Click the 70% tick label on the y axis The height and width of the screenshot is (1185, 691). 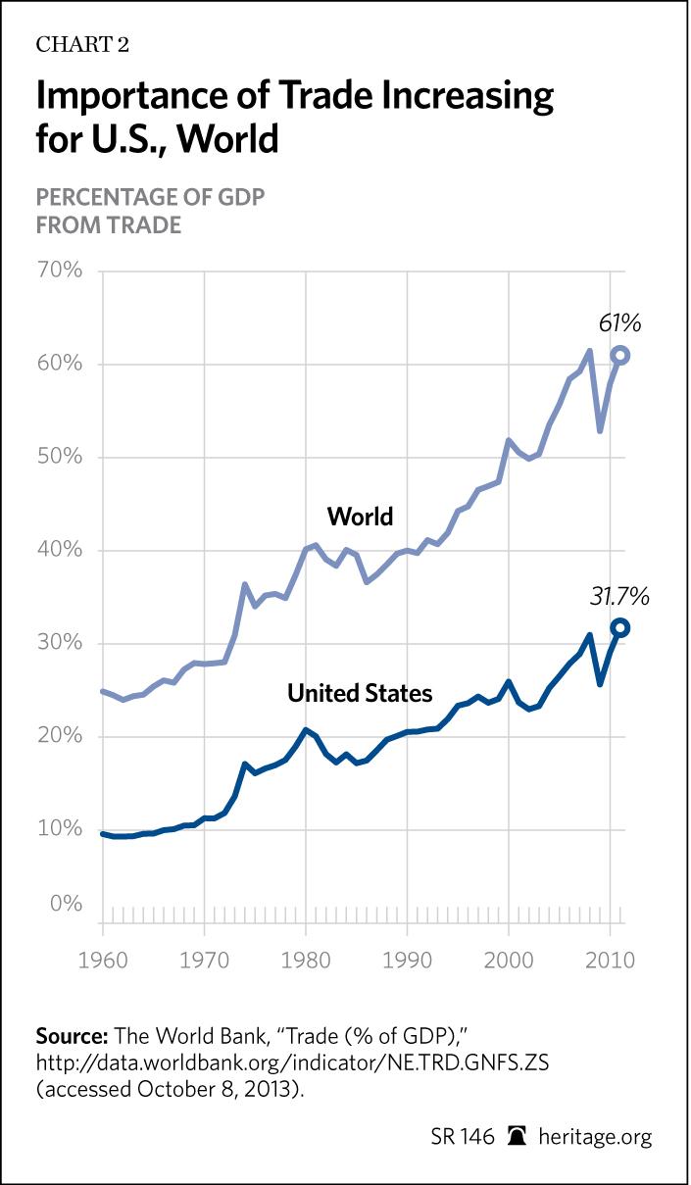coord(61,271)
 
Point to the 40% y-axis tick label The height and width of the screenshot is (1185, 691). coord(61,550)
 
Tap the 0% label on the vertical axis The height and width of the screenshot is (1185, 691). coord(66,904)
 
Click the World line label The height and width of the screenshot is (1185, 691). coord(360,516)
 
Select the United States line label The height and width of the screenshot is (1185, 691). coord(360,694)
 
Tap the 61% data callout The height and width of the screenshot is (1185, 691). coord(619,323)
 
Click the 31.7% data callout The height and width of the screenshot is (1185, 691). coord(619,596)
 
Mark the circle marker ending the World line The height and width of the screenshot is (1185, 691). coord(619,355)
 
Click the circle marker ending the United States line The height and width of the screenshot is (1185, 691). coord(619,628)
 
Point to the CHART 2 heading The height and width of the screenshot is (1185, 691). coord(82,44)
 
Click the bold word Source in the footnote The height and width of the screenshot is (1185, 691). coord(72,1036)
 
